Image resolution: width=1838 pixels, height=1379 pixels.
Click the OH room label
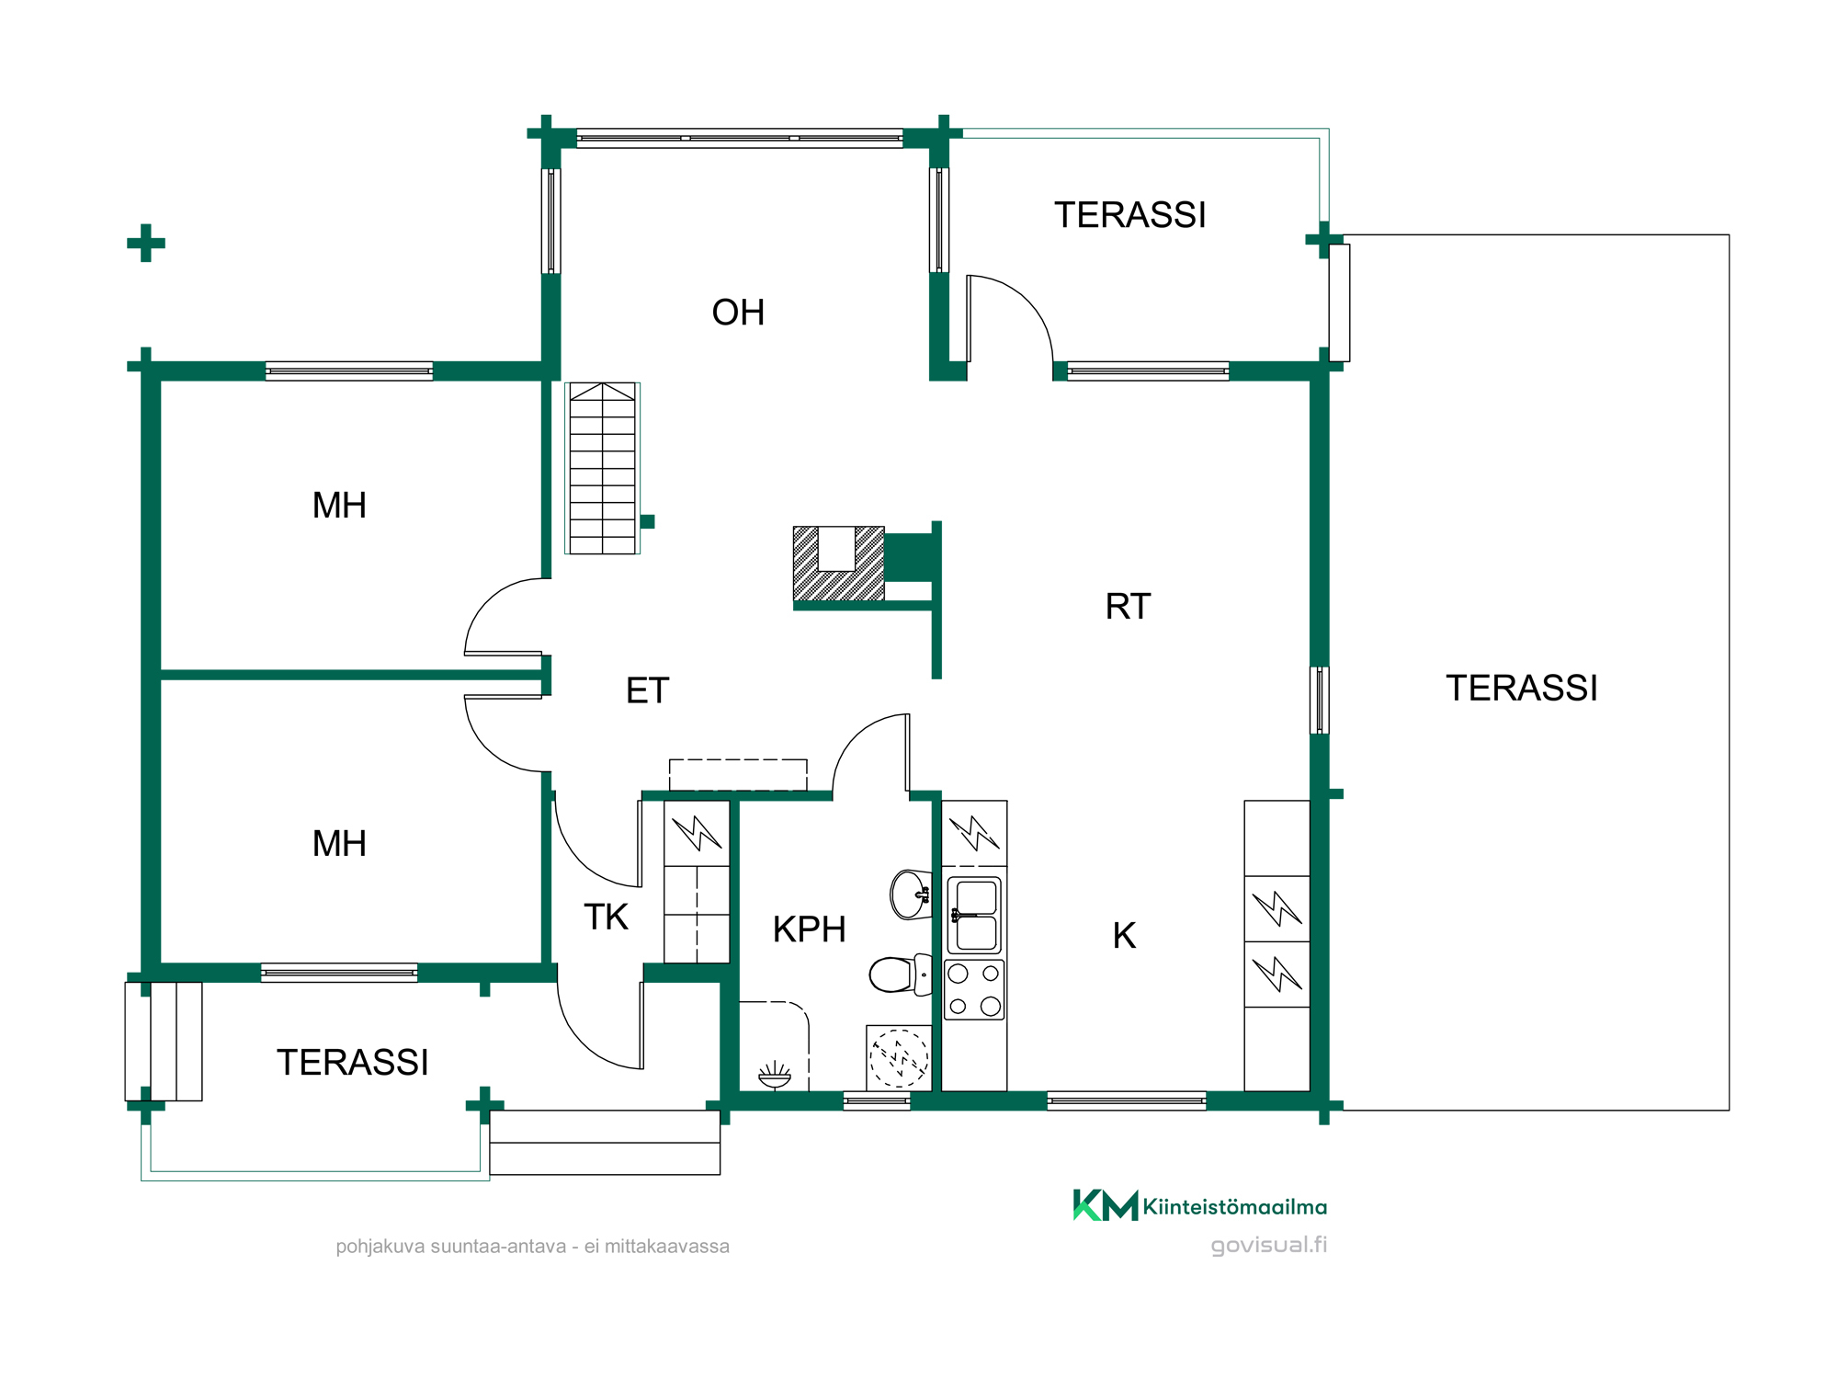[x=738, y=313]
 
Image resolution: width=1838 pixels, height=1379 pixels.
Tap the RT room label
[x=1128, y=607]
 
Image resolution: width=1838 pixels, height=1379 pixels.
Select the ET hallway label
[x=647, y=690]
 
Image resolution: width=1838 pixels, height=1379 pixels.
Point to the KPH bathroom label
[x=809, y=929]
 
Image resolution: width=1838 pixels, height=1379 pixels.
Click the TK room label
[x=606, y=917]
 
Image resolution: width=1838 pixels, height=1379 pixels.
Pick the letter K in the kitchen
[x=1124, y=936]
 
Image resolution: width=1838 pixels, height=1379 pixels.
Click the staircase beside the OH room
[x=602, y=468]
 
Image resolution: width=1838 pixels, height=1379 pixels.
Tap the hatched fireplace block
[x=838, y=564]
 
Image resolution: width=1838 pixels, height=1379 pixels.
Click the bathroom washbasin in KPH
[x=911, y=894]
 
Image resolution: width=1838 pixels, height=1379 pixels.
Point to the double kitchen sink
[x=974, y=915]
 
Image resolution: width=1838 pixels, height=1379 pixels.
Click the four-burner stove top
[x=974, y=990]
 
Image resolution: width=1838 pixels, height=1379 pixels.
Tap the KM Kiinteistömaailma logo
[x=1199, y=1205]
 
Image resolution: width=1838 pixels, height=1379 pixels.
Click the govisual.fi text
[x=1269, y=1245]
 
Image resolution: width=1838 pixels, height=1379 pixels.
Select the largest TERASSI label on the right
[x=1522, y=688]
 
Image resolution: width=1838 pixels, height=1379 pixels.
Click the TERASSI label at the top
[x=1129, y=215]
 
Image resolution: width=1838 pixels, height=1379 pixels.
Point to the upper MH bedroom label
[x=339, y=506]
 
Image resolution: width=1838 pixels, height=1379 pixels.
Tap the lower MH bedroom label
[x=339, y=844]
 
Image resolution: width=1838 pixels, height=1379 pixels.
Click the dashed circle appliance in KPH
[x=900, y=1059]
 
